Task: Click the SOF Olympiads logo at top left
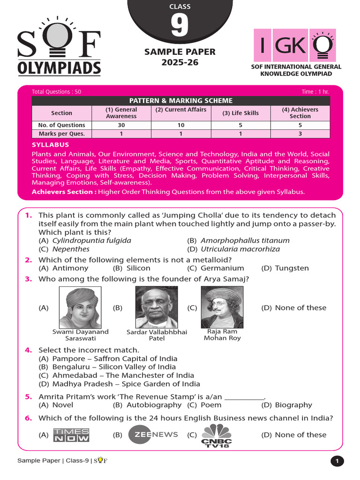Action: tap(59, 47)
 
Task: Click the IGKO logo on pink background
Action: tap(294, 45)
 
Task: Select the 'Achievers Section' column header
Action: tap(300, 112)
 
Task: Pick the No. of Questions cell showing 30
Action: tap(121, 125)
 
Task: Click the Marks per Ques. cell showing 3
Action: tap(300, 134)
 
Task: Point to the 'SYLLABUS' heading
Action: tap(50, 145)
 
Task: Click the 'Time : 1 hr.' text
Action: tap(316, 92)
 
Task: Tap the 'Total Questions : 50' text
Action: tap(56, 92)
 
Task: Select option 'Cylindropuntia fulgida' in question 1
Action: tap(91, 240)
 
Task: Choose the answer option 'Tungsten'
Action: tap(292, 268)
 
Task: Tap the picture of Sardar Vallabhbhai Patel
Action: tap(156, 307)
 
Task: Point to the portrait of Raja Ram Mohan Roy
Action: tap(222, 307)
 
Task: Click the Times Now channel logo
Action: tap(71, 435)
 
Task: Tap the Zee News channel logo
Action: tap(153, 435)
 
